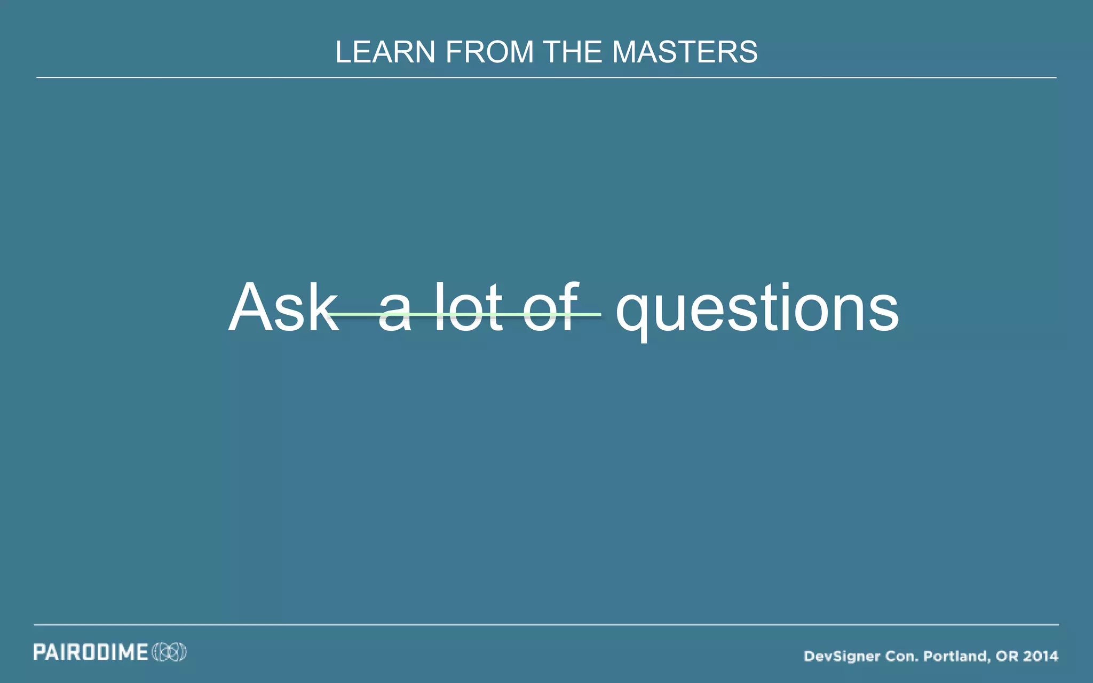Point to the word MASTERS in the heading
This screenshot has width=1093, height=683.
(685, 52)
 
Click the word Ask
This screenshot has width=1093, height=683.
(283, 308)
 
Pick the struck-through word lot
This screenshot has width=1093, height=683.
(469, 308)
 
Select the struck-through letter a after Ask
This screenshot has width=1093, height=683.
(395, 315)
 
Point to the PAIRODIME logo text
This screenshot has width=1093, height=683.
(91, 652)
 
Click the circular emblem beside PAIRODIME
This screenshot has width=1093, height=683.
(169, 652)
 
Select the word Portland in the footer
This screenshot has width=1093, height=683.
(957, 656)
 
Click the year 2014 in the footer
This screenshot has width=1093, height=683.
(1041, 656)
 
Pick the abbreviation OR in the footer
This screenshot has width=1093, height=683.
(1006, 656)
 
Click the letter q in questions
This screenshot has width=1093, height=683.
(633, 315)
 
